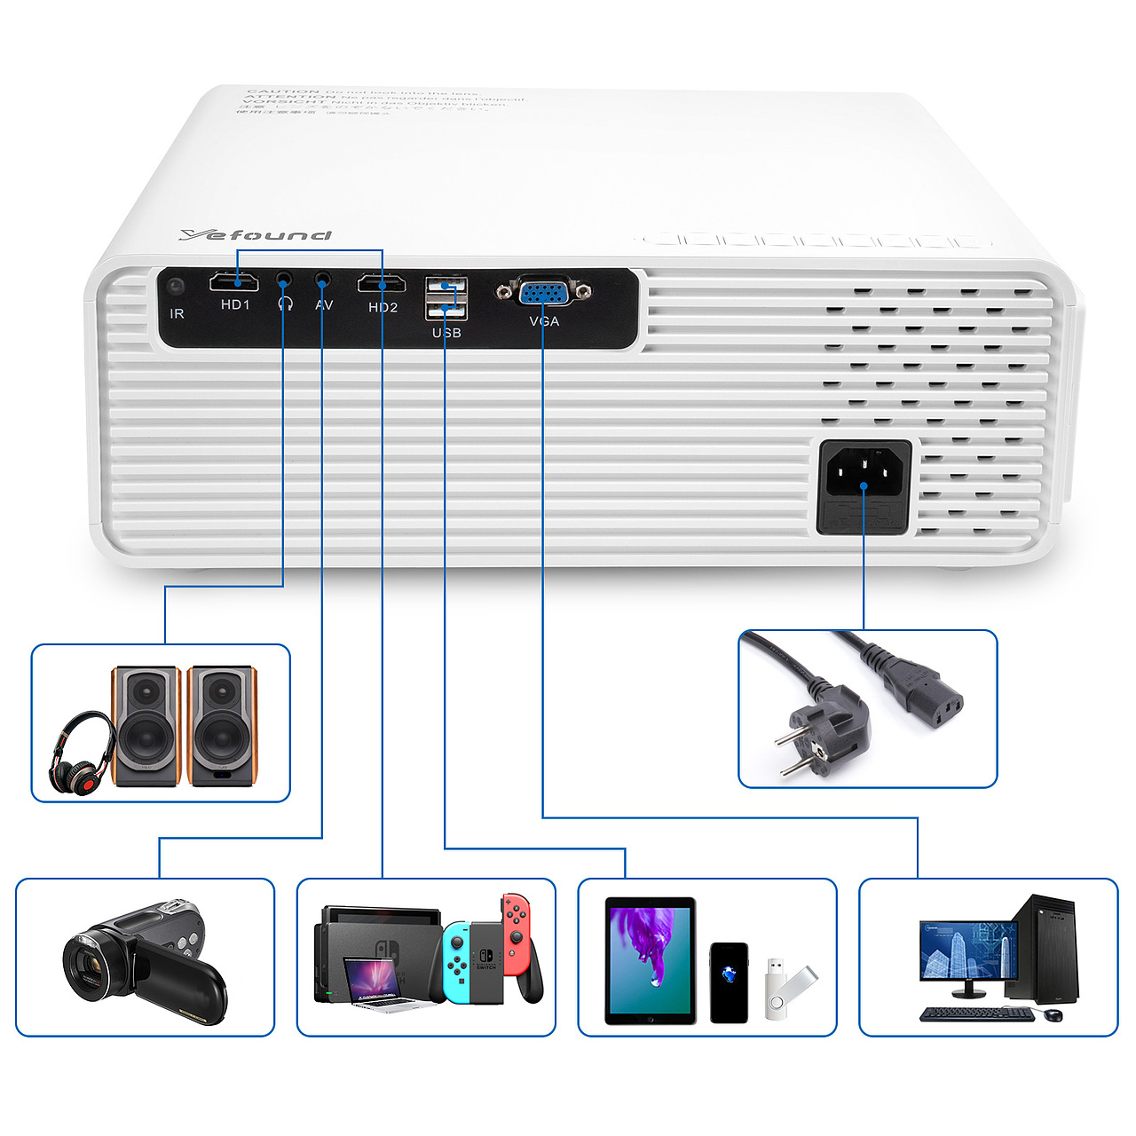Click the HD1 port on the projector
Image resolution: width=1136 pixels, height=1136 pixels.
233,282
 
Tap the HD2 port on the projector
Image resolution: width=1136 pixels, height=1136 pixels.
382,284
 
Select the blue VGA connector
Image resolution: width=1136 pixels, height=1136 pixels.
543,292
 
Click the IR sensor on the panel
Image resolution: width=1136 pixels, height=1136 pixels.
176,287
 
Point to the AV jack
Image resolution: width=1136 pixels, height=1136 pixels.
323,280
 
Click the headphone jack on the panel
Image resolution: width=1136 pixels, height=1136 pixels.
283,280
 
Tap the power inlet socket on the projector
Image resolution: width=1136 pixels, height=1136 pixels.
864,471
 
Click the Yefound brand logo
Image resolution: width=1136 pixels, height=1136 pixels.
255,234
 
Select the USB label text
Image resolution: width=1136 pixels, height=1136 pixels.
446,333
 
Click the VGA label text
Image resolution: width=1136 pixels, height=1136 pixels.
544,321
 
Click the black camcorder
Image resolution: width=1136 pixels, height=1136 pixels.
142,963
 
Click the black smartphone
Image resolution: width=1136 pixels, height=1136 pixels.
729,982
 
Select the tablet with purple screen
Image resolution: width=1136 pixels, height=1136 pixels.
650,960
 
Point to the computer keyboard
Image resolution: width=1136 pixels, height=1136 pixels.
976,1014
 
